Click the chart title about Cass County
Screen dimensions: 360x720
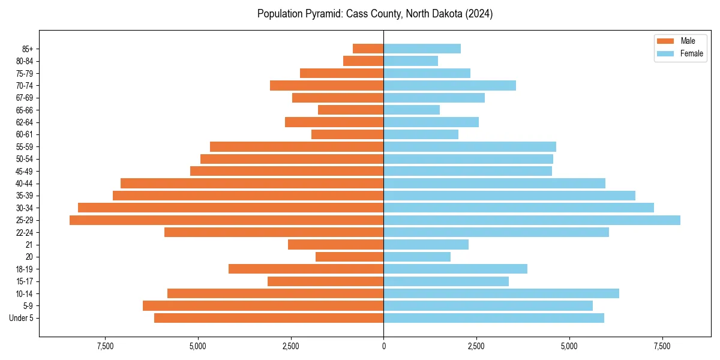(x=375, y=14)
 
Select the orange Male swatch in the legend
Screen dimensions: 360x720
(x=665, y=41)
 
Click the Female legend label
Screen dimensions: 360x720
(x=691, y=53)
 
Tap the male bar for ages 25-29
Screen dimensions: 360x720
(x=226, y=220)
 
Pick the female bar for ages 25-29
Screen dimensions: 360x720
(x=532, y=220)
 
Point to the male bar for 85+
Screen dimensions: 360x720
(x=368, y=49)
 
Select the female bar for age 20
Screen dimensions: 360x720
(x=417, y=257)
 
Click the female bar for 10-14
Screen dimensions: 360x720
(x=501, y=293)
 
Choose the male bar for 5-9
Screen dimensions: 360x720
(x=263, y=306)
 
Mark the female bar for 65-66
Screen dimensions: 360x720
(x=412, y=110)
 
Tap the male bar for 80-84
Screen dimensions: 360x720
(x=363, y=61)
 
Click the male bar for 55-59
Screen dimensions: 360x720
(x=296, y=146)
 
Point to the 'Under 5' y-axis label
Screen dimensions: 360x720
(x=22, y=318)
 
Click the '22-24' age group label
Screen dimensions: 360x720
(x=25, y=232)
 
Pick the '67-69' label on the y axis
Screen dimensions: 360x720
(x=25, y=98)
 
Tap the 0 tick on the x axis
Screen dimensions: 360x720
(x=383, y=346)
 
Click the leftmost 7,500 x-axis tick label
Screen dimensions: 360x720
(x=105, y=346)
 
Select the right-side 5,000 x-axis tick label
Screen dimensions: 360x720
(x=569, y=346)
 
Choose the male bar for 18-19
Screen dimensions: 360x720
(x=306, y=269)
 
